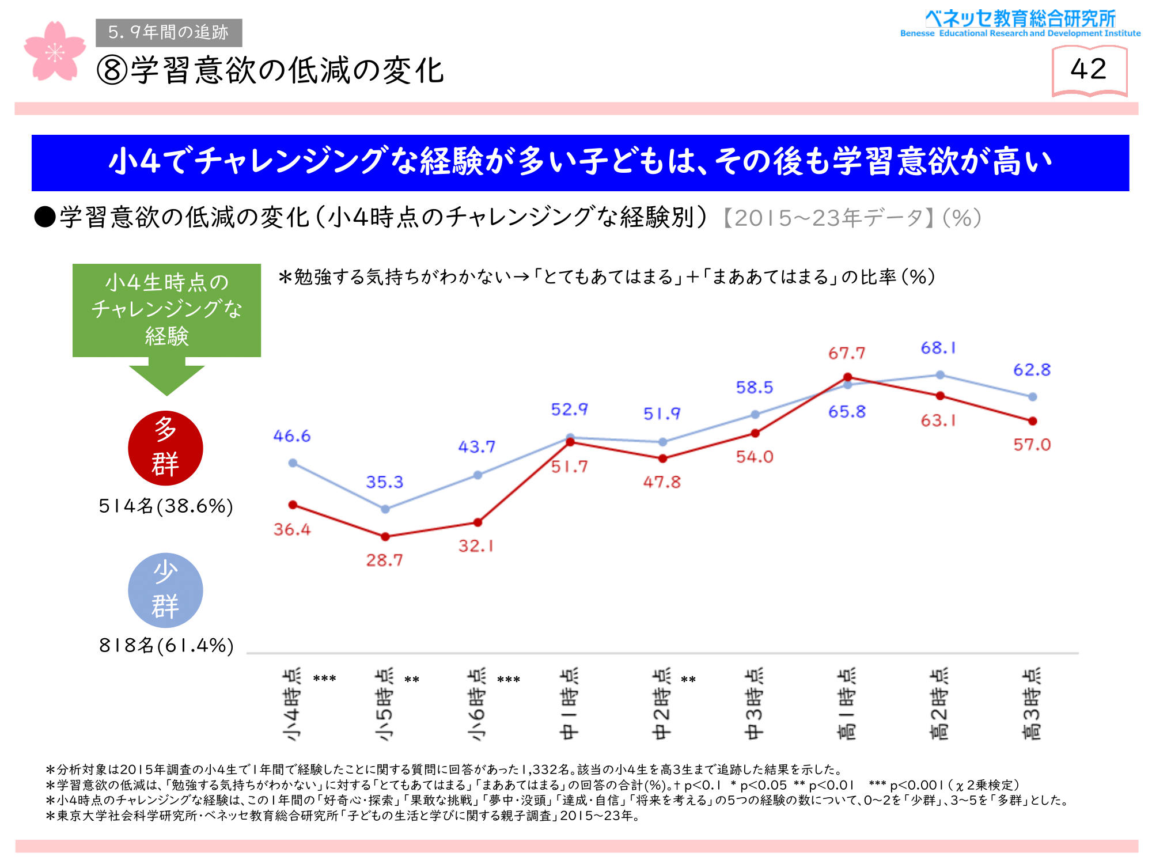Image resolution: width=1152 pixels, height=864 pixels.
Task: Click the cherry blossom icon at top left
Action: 55,52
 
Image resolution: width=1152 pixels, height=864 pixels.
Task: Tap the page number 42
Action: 1089,69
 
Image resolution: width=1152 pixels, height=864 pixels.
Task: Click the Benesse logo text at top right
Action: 1020,23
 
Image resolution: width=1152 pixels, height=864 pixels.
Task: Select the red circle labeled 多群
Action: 165,448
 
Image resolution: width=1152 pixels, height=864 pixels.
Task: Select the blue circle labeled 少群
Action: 165,590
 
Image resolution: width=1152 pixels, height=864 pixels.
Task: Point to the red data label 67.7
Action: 847,353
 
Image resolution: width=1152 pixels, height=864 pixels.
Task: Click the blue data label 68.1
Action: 938,348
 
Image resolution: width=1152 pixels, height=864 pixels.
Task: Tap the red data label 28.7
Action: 385,560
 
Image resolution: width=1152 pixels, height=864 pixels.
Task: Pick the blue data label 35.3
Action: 385,482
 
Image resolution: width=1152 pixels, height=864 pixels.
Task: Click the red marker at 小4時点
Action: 293,505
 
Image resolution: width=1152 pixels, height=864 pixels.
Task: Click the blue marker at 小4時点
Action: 293,463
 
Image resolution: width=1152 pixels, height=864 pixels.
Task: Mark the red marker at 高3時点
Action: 1033,421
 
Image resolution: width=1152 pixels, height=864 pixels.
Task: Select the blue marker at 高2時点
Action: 940,375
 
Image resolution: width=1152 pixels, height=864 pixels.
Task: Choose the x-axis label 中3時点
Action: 755,704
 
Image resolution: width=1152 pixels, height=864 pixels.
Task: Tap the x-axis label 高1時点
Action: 847,704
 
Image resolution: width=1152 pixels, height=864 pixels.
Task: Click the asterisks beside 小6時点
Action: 509,680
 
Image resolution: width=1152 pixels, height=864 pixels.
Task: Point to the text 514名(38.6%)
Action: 166,506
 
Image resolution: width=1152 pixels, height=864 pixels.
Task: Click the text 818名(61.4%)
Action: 166,646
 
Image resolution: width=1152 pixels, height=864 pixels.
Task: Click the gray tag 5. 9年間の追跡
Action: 169,32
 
